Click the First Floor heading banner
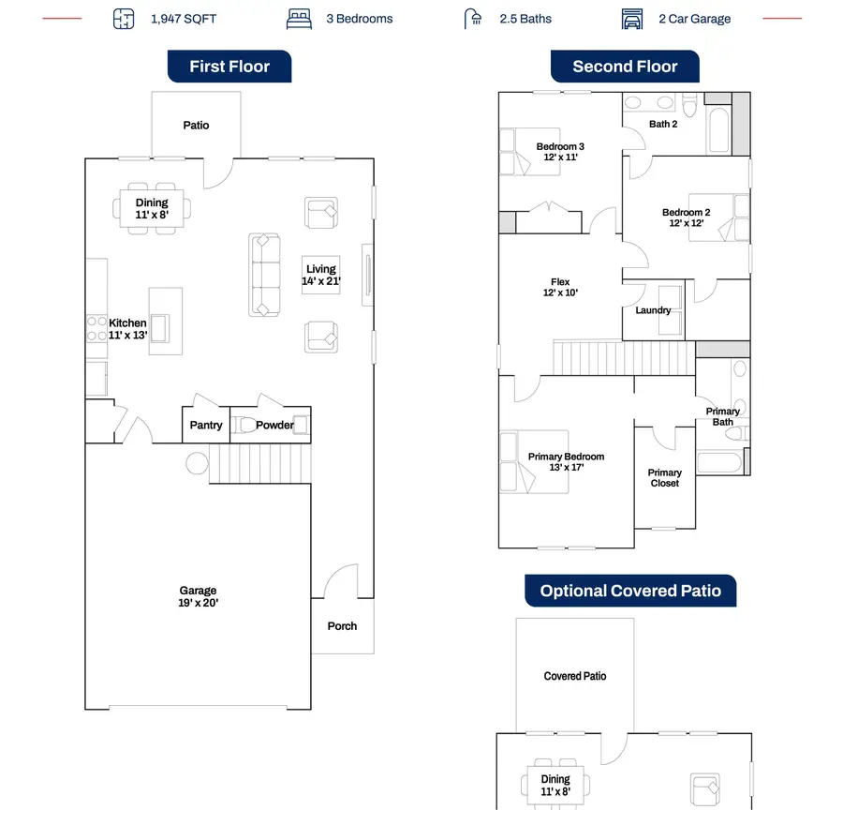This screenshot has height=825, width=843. pyautogui.click(x=229, y=67)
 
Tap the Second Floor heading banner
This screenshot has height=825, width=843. pyautogui.click(x=625, y=67)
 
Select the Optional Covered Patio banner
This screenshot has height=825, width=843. pyautogui.click(x=630, y=591)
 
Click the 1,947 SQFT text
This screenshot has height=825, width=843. pyautogui.click(x=184, y=19)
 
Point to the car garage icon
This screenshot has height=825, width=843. pyautogui.click(x=632, y=19)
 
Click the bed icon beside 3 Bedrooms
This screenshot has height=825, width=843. pyautogui.click(x=299, y=19)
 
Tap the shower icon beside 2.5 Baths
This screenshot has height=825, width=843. pyautogui.click(x=473, y=19)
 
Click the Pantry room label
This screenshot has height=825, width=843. pyautogui.click(x=206, y=425)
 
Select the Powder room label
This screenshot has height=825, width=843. pyautogui.click(x=274, y=425)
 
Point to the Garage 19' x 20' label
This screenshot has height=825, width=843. pyautogui.click(x=198, y=596)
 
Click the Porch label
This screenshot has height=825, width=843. pyautogui.click(x=342, y=626)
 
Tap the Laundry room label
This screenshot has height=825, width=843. pyautogui.click(x=653, y=310)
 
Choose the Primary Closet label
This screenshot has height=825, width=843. pyautogui.click(x=664, y=477)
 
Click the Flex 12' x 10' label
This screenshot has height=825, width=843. pyautogui.click(x=560, y=287)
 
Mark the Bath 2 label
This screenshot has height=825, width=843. pyautogui.click(x=663, y=124)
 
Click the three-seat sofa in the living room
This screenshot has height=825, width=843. pyautogui.click(x=264, y=275)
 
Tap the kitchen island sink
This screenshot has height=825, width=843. pyautogui.click(x=159, y=328)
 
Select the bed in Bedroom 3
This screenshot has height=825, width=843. pyautogui.click(x=530, y=152)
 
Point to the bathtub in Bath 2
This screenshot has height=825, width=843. pyautogui.click(x=718, y=129)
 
